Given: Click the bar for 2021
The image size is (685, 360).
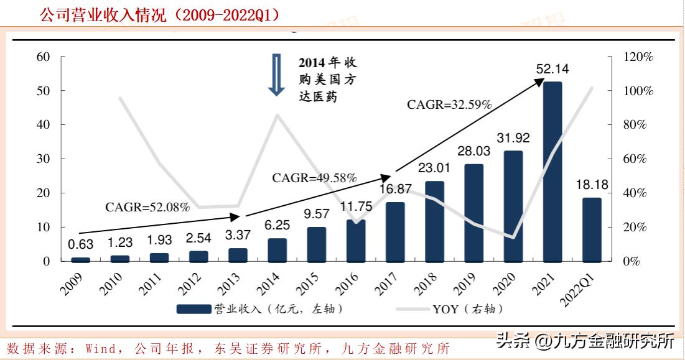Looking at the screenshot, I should (x=552, y=172).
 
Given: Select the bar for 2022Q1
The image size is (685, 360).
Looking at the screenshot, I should (x=592, y=229).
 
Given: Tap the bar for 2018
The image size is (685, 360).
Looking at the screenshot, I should (x=434, y=221).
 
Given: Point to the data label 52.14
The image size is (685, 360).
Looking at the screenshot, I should (x=552, y=69).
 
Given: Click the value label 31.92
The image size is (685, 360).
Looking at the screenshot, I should (x=513, y=138).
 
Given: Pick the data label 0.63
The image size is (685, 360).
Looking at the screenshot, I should (x=80, y=245).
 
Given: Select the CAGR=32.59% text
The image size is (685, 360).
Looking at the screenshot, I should (x=449, y=105).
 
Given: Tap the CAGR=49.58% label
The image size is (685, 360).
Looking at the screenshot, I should (x=314, y=178).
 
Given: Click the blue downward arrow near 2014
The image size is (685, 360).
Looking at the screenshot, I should (x=276, y=75).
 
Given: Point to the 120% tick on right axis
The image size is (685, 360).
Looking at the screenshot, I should (x=638, y=57).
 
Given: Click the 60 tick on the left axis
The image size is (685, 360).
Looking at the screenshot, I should (x=43, y=57).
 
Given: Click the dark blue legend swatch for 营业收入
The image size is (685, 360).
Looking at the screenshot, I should (x=194, y=309).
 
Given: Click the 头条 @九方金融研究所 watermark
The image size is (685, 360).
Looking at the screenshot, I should (x=585, y=341).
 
